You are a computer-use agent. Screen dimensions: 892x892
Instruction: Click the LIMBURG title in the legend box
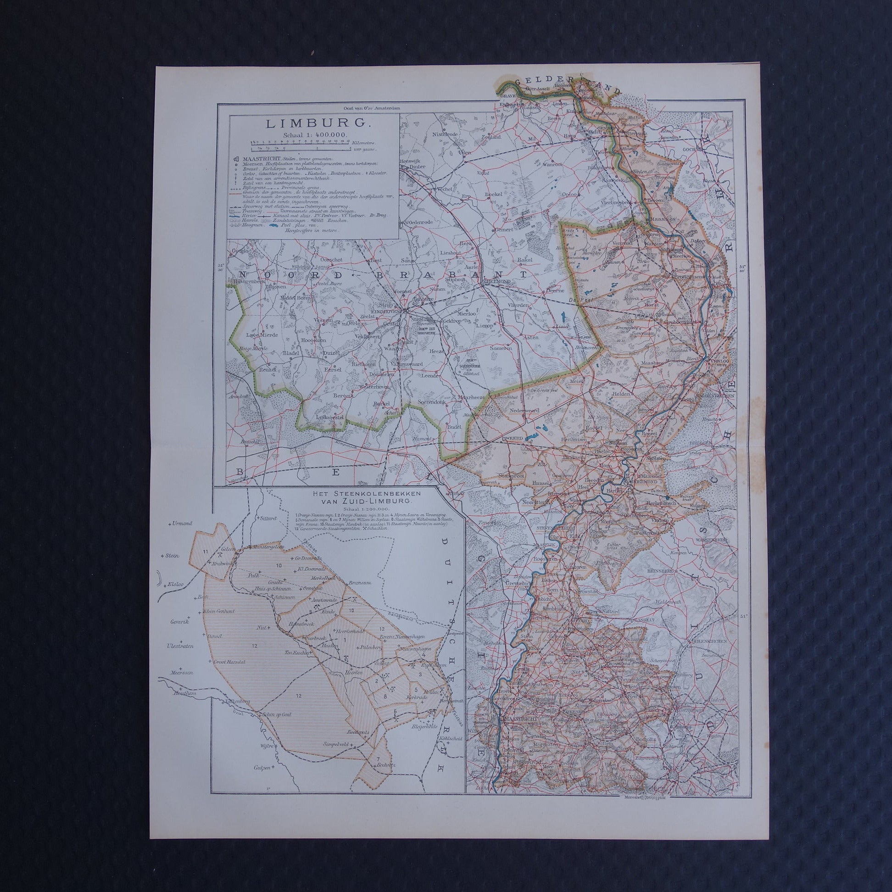click(x=313, y=123)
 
